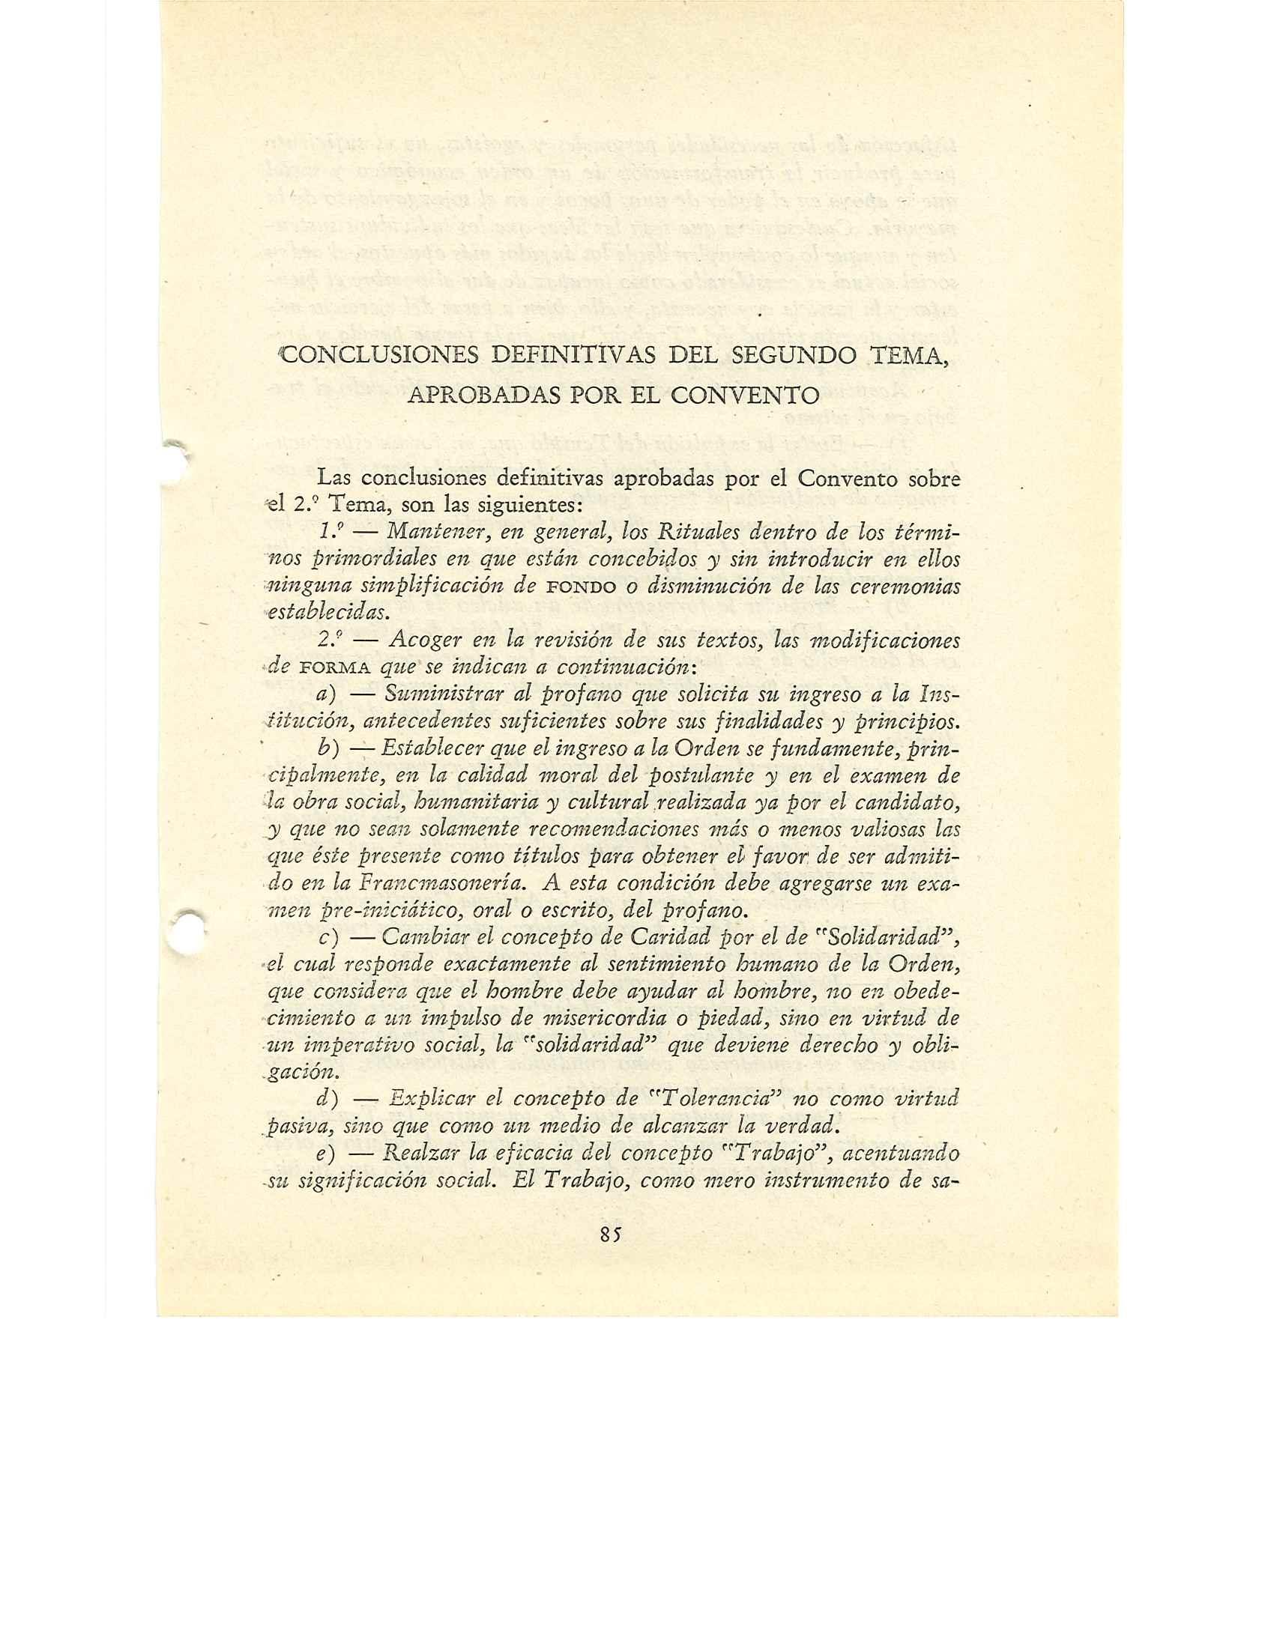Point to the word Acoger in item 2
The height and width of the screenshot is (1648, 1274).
423,640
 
